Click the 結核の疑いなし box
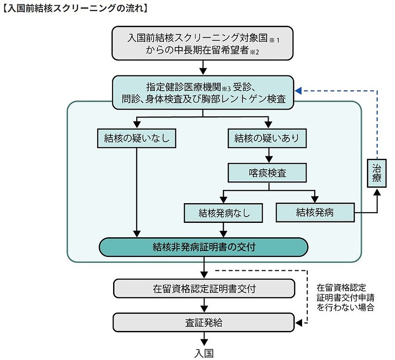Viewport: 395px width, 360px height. point(134,139)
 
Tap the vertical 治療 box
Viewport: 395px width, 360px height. point(376,173)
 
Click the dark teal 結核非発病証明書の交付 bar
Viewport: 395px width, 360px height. point(203,247)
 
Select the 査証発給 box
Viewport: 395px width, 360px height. point(204,323)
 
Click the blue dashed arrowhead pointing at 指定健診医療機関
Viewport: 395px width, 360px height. point(298,91)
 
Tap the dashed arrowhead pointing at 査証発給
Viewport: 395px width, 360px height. point(298,323)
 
